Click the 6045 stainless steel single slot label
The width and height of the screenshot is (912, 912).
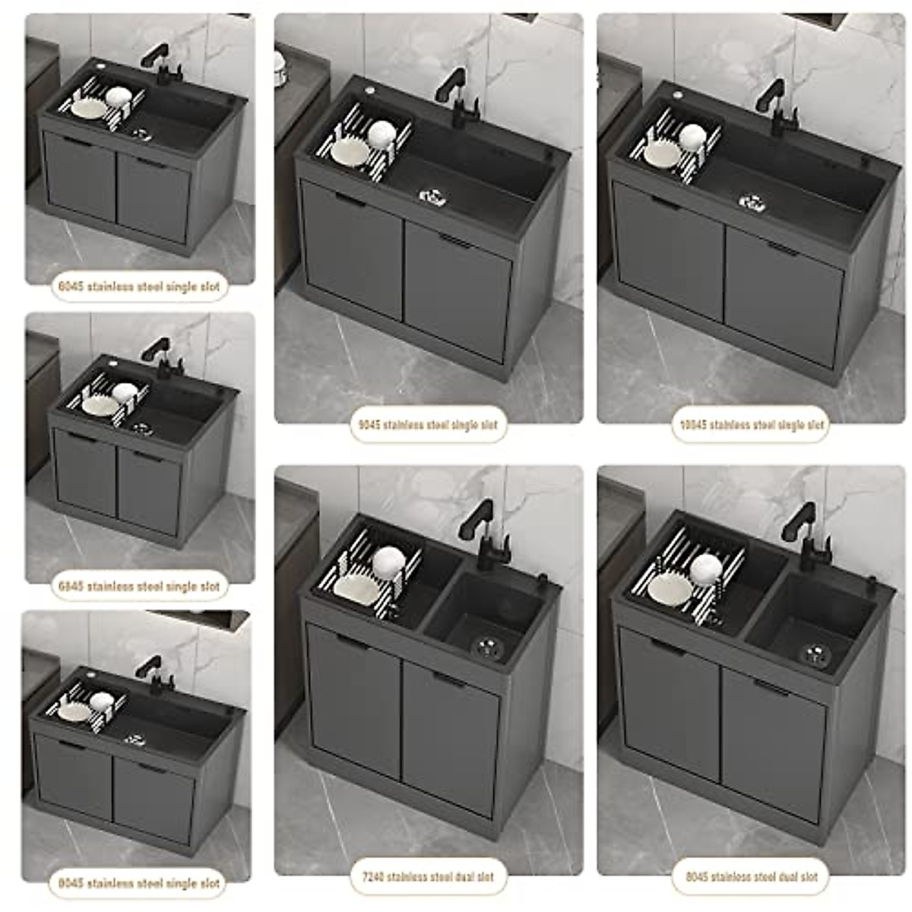[x=139, y=287]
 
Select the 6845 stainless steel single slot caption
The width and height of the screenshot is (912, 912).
[x=139, y=586]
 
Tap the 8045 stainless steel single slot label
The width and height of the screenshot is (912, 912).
[x=139, y=883]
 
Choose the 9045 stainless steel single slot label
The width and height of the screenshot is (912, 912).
[x=429, y=425]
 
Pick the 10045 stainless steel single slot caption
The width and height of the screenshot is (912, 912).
[x=749, y=425]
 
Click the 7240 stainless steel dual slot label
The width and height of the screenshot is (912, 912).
[x=429, y=876]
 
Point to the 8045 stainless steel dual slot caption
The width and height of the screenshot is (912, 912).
[x=751, y=876]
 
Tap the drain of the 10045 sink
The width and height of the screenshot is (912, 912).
[x=751, y=202]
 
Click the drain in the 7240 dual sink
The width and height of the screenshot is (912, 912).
[x=486, y=646]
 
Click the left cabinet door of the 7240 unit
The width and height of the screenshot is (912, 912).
[x=355, y=699]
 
